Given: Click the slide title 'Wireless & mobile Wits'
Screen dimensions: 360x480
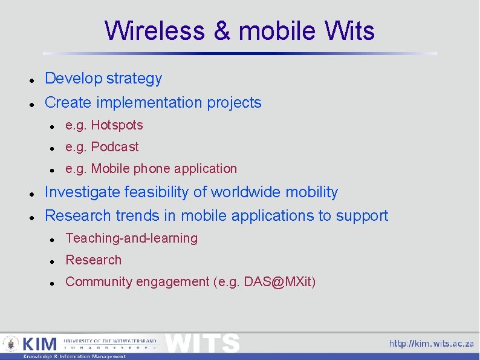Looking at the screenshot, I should tap(239, 31).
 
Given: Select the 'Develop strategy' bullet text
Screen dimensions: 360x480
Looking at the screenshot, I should tap(103, 79).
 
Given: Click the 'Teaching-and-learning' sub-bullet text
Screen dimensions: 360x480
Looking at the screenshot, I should tap(131, 238).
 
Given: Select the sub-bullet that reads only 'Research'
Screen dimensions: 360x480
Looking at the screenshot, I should tap(93, 260).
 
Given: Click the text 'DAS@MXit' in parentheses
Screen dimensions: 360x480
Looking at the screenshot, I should tap(277, 282).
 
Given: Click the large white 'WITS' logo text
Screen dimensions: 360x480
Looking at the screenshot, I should tap(203, 343).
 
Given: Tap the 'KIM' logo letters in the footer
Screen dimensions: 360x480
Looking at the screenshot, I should tap(39, 344).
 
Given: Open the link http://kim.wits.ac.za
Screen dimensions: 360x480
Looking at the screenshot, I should tap(431, 344).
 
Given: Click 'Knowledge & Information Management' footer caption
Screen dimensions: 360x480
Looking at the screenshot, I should tap(74, 356).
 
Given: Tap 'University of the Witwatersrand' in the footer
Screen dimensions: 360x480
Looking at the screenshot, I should tap(110, 341).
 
